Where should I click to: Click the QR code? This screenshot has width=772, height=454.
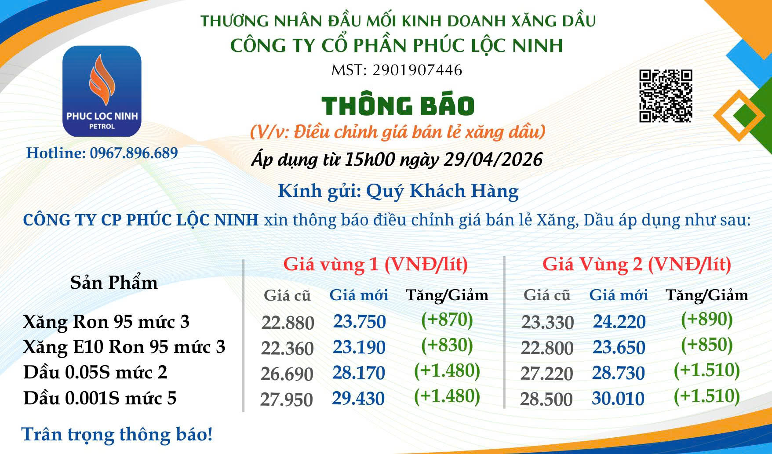665,96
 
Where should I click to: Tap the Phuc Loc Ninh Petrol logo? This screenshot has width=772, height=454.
102,91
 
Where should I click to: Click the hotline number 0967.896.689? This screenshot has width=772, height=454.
134,153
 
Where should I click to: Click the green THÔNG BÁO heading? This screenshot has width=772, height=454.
398,105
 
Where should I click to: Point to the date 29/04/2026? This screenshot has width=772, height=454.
493,160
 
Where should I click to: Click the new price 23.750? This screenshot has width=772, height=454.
359,322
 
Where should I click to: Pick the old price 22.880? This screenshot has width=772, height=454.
288,323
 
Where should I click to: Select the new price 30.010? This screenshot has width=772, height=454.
618,399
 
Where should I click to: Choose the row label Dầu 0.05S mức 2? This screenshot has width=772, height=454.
95,372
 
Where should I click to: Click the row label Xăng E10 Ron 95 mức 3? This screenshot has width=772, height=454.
124,347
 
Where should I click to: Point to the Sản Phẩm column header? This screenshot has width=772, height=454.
114,283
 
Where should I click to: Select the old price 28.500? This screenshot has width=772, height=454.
546,400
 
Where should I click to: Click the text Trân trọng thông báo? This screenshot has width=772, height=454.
117,434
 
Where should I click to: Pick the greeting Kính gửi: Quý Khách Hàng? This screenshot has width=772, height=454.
398,191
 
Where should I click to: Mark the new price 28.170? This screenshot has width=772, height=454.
359,373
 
